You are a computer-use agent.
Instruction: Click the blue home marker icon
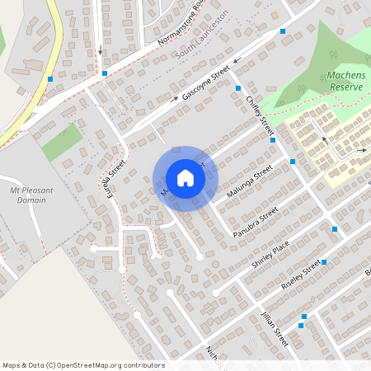(x=185, y=178)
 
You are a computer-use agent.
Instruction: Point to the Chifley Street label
(x=260, y=115)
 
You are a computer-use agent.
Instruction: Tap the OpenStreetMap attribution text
(x=83, y=364)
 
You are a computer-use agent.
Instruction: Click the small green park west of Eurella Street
(x=63, y=142)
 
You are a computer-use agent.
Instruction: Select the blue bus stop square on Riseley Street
(x=324, y=262)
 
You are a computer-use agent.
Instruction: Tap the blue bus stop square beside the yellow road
(x=50, y=79)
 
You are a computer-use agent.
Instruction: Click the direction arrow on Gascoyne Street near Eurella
(x=175, y=101)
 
